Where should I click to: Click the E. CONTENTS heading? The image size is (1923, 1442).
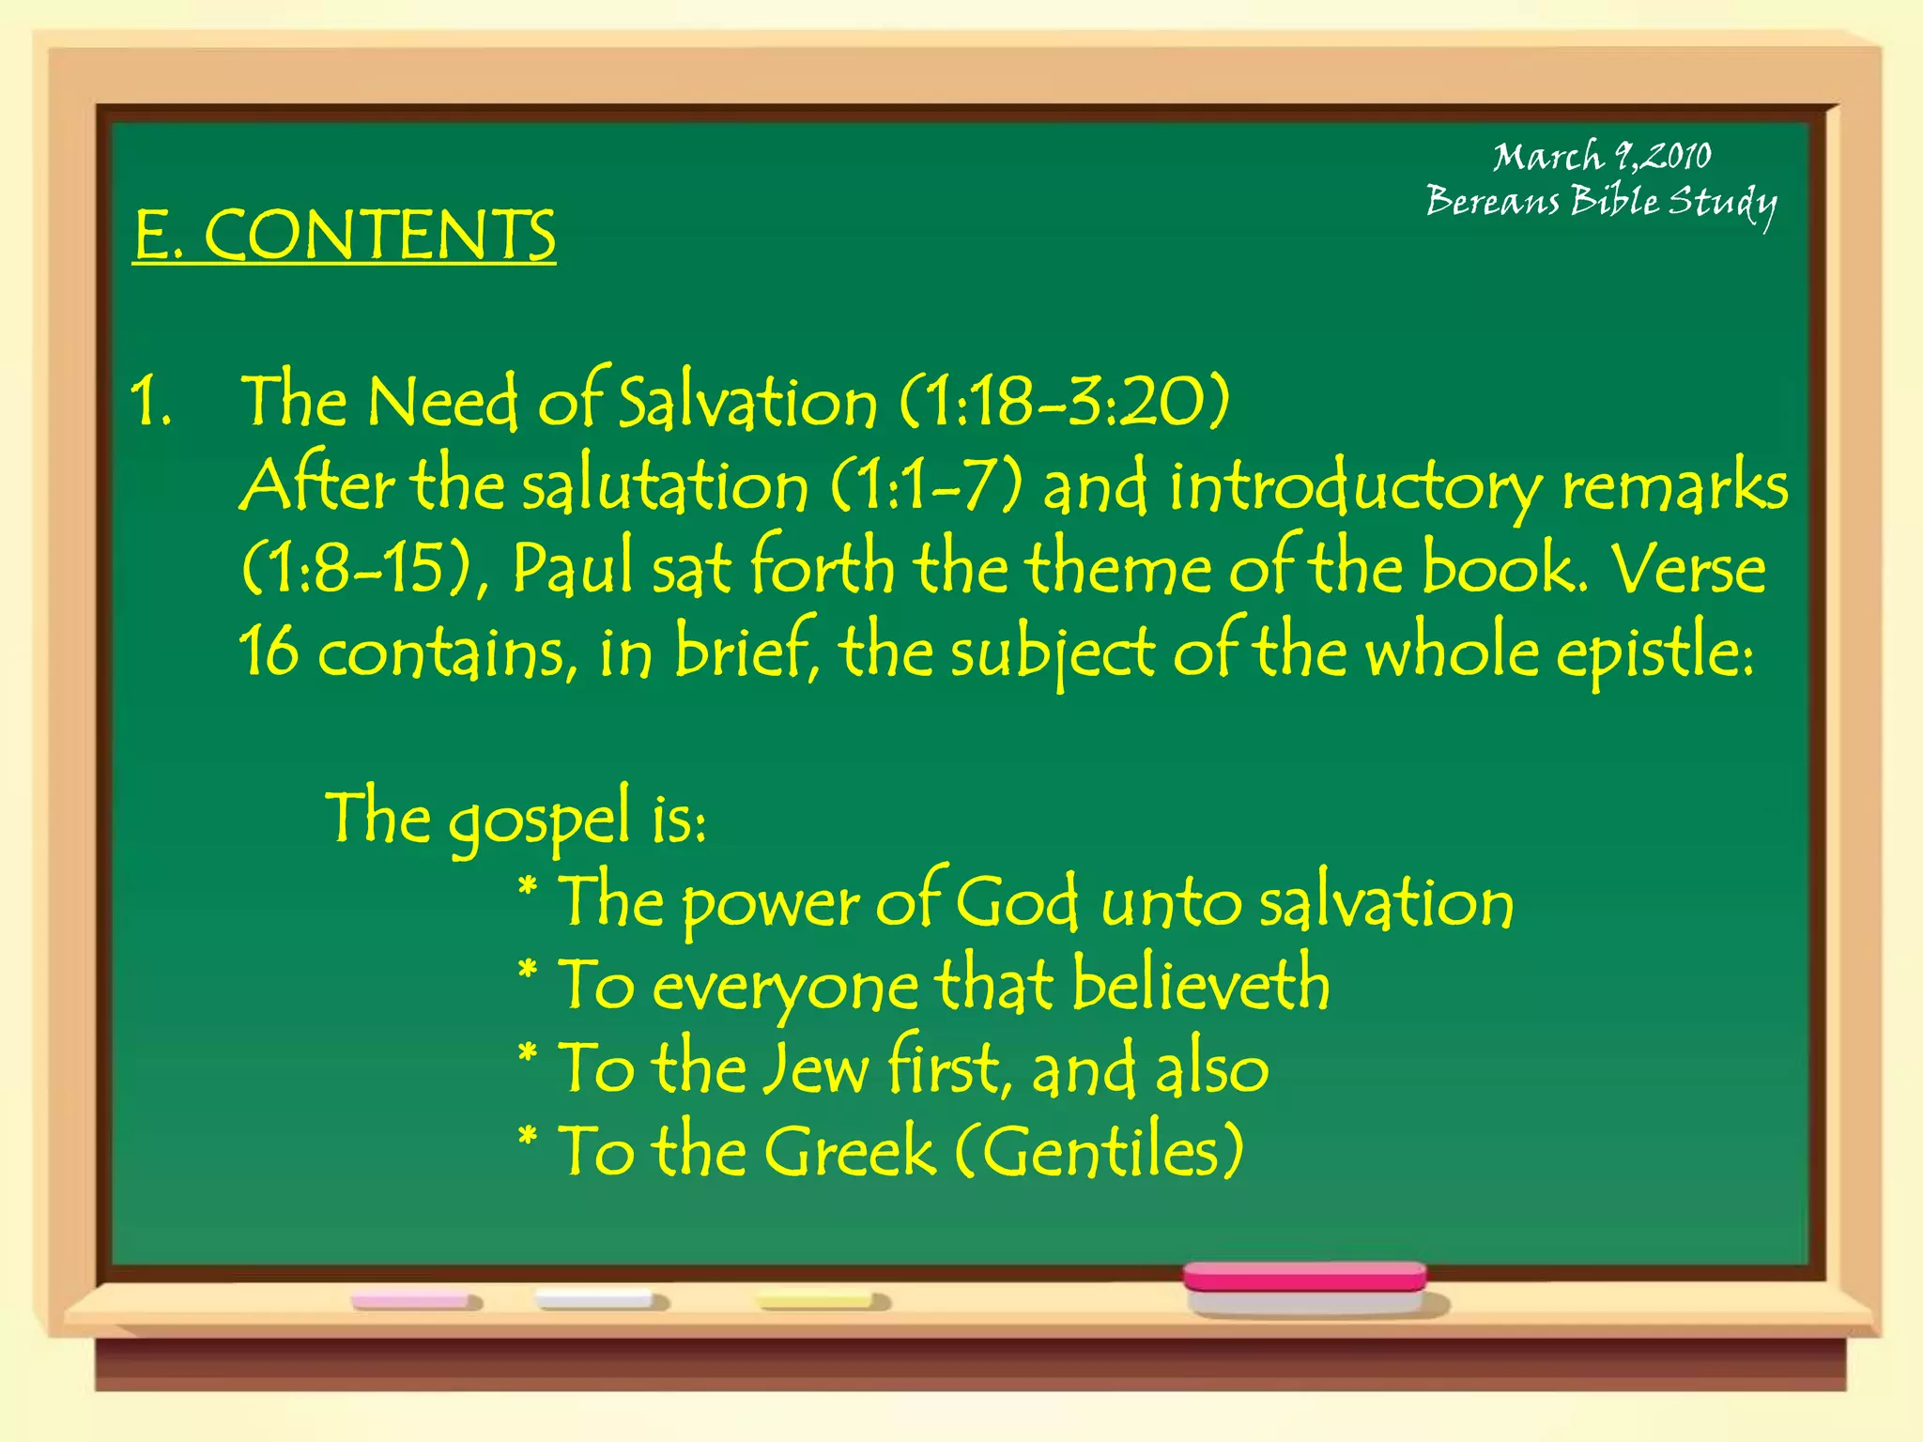[345, 235]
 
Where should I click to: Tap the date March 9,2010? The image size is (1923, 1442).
[1602, 156]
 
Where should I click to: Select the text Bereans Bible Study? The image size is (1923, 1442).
[1600, 202]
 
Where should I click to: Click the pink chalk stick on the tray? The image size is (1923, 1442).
[414, 1301]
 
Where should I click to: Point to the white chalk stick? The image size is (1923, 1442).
[599, 1300]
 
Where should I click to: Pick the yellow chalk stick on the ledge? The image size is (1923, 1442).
[821, 1301]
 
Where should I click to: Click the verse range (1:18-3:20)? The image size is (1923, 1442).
[1064, 402]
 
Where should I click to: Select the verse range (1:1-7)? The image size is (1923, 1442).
[926, 486]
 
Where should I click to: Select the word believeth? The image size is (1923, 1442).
[1200, 985]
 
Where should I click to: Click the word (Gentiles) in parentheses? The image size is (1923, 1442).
[1100, 1151]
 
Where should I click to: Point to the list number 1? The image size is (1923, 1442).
[150, 402]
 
